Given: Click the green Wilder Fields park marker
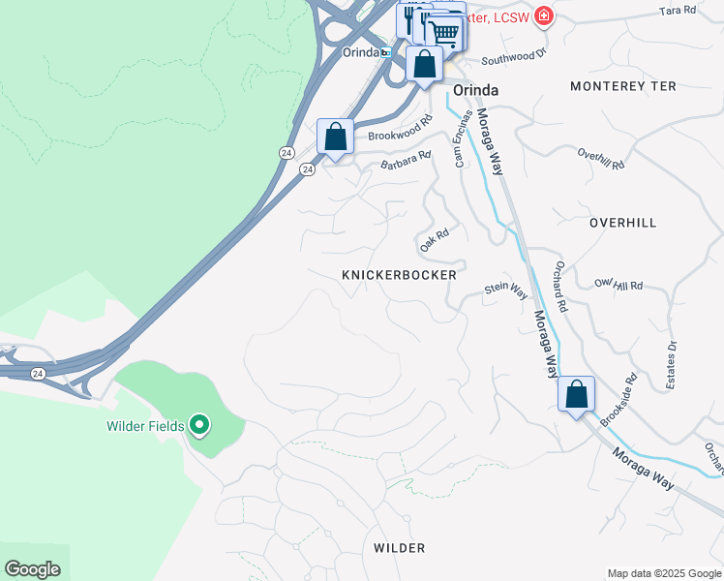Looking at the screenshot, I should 199,425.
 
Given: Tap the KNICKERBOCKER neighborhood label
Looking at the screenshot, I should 399,276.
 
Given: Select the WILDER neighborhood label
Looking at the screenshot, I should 399,548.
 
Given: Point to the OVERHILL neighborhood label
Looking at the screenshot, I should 622,223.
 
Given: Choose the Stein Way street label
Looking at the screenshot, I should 505,289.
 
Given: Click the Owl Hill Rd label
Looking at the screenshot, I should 618,286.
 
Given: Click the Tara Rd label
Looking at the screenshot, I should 677,10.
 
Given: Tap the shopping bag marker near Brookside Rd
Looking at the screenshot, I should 576,393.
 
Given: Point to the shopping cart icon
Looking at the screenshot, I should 444,31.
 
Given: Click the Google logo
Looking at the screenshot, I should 32,569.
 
